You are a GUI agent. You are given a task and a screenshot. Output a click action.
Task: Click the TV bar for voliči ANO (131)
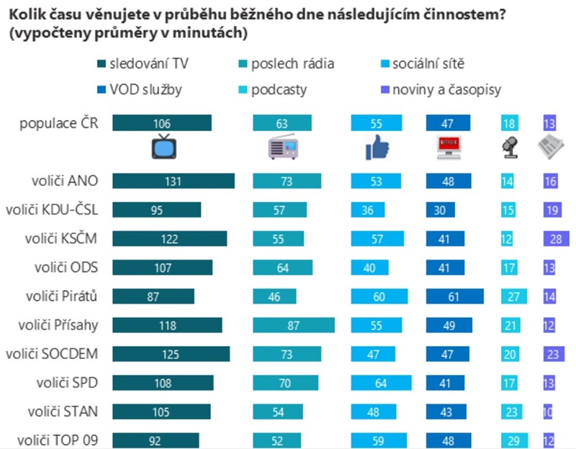coord(174,181)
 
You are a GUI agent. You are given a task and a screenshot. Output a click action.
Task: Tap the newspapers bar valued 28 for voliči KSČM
coord(556,239)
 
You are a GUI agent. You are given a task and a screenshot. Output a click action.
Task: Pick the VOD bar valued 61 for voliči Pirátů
coord(455,296)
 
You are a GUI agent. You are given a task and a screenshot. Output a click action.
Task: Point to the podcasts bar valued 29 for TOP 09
coord(514,440)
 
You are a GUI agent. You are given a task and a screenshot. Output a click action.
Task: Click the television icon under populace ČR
coord(163,147)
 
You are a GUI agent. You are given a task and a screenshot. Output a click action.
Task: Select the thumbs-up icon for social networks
coord(377,148)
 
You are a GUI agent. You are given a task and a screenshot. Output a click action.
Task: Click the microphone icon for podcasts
coord(508,148)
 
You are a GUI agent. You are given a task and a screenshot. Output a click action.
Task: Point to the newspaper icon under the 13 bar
coord(550,148)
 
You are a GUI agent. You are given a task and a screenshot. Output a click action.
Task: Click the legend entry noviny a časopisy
coord(447,90)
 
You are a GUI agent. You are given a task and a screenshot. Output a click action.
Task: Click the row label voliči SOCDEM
coord(51,353)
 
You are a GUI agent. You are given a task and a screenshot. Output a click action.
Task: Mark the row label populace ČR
coord(59,123)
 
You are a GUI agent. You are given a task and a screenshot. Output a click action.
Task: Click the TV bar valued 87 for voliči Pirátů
coord(153,296)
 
